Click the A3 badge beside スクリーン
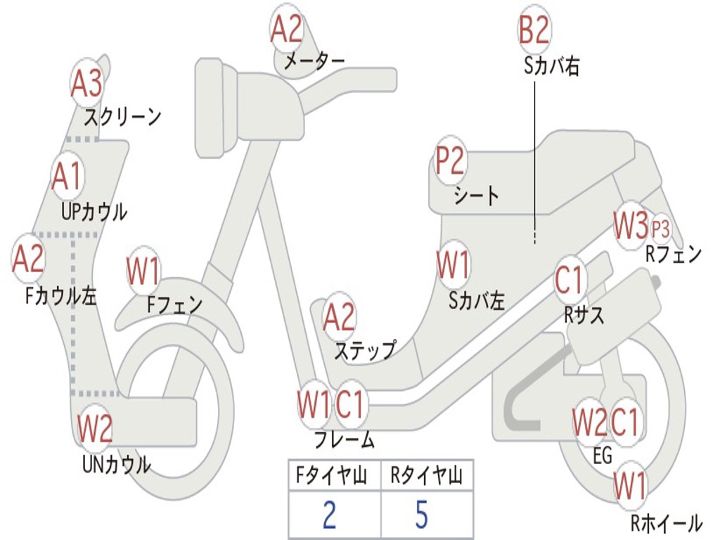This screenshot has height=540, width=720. coord(87,84)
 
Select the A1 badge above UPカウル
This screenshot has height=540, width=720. coord(68,176)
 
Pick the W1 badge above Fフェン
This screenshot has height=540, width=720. coord(144,271)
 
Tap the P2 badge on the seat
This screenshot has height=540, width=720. coord(450,161)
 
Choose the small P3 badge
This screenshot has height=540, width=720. coord(661,229)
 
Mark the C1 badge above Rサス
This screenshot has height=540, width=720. coord(570,280)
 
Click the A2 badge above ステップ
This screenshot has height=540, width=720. coord(340,317)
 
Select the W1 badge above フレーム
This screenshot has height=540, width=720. coord(313,404)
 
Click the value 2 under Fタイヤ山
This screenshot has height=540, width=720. coord(329,515)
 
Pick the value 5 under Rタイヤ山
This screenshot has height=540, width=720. coord(422,515)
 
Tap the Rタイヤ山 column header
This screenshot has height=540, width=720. coord(427,477)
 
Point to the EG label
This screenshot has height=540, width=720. coord(603,456)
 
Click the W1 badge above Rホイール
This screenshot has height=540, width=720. coord(630,485)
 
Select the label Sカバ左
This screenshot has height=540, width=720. coord(477,301)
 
